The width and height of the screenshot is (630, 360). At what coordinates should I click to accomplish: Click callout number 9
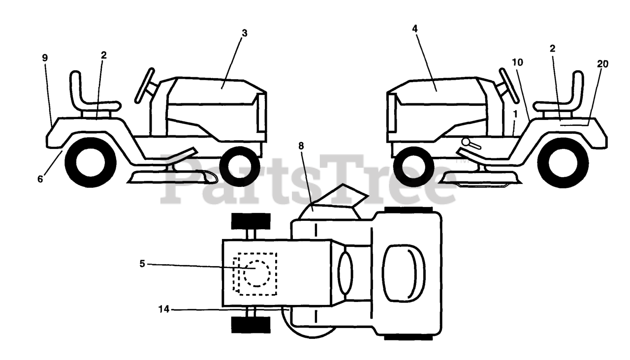[45, 58]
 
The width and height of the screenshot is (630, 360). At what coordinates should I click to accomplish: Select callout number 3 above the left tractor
[245, 33]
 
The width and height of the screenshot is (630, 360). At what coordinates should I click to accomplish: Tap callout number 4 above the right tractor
[415, 29]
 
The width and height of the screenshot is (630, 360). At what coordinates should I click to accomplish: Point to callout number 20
[602, 64]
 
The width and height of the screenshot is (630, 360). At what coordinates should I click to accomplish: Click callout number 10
[517, 62]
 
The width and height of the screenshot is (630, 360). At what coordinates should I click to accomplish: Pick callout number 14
[164, 309]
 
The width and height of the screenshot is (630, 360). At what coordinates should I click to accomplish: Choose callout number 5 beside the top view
[142, 264]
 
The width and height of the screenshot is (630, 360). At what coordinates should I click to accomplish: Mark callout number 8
[301, 146]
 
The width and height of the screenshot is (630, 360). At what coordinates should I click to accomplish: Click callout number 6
[40, 179]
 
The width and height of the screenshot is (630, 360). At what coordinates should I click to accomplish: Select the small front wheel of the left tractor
[240, 166]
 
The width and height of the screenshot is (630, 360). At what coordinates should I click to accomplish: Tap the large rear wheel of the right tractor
[561, 162]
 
